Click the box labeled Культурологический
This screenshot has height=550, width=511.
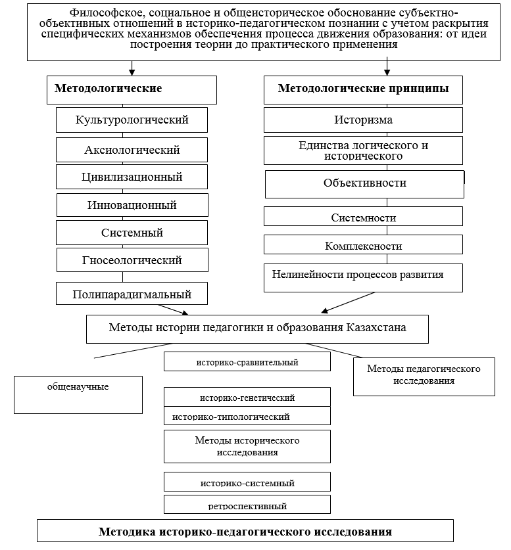click(x=132, y=120)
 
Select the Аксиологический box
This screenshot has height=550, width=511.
click(x=132, y=150)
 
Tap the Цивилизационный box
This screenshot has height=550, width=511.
click(x=132, y=177)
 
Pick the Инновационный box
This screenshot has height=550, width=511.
click(x=132, y=205)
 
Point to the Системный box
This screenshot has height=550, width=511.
click(x=132, y=233)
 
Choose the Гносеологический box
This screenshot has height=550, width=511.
click(x=132, y=260)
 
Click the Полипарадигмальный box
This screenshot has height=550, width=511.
click(x=132, y=294)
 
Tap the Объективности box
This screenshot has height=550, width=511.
click(x=364, y=183)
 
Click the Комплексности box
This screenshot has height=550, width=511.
click(x=363, y=245)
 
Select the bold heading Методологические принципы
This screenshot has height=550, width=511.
click(x=364, y=89)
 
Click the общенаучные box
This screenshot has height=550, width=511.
click(x=78, y=394)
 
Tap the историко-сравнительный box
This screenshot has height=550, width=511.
click(x=247, y=362)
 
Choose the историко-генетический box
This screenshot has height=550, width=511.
click(x=247, y=398)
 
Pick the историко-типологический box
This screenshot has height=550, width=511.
click(x=247, y=416)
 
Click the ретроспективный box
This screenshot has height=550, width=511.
click(x=247, y=505)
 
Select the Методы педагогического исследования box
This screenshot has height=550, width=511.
click(x=424, y=376)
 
